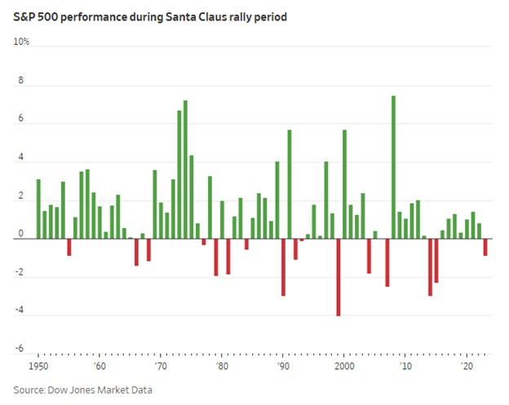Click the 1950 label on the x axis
pyautogui.click(x=38, y=368)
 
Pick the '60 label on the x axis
pyautogui.click(x=100, y=368)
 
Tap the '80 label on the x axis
pyautogui.click(x=222, y=368)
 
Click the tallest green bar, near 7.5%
pyautogui.click(x=393, y=167)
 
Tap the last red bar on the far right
pyautogui.click(x=485, y=247)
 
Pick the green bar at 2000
pyautogui.click(x=344, y=184)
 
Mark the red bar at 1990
pyautogui.click(x=283, y=266)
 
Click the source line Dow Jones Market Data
pyautogui.click(x=82, y=390)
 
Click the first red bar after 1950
pyautogui.click(x=69, y=247)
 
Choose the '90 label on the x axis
pyautogui.click(x=283, y=368)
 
